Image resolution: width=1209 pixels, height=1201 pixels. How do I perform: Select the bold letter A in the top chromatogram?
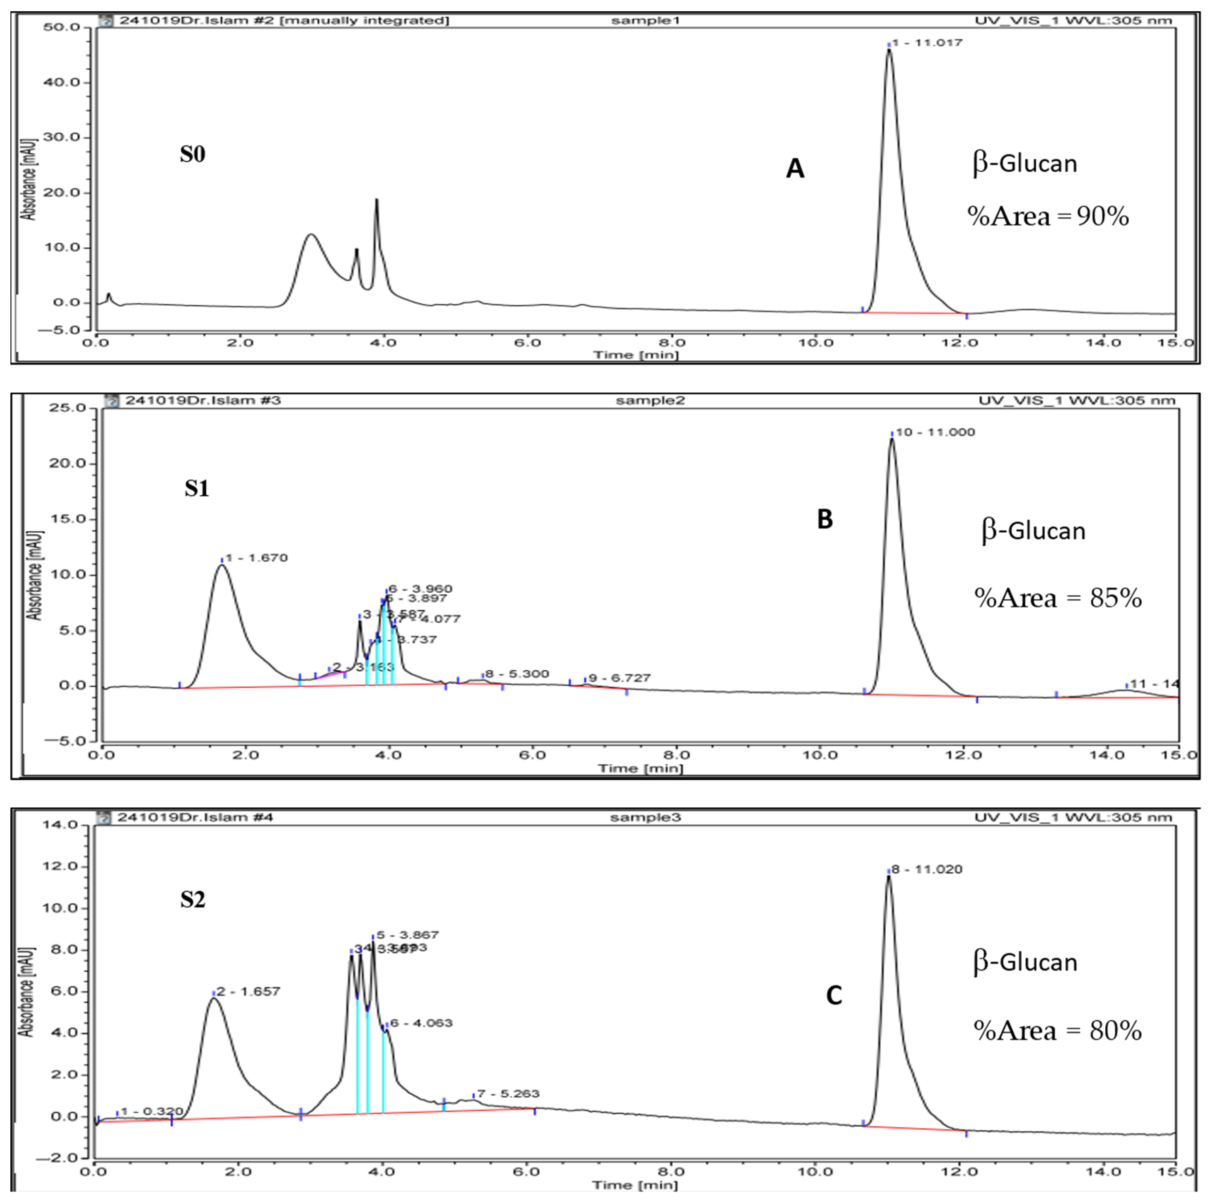point(795,169)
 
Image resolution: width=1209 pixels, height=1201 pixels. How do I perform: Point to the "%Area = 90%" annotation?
point(1048,216)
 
